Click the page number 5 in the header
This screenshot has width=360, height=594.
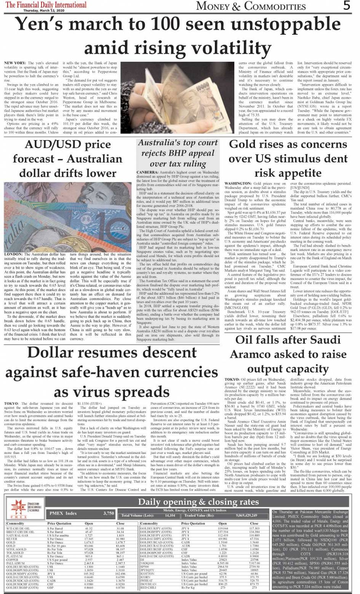346,6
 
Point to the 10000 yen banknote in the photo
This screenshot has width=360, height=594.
202,78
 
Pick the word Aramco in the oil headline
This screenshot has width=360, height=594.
251,354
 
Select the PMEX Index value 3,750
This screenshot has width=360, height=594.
109,513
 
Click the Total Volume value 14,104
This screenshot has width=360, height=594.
170,516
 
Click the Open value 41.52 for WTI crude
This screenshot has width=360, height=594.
89,529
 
